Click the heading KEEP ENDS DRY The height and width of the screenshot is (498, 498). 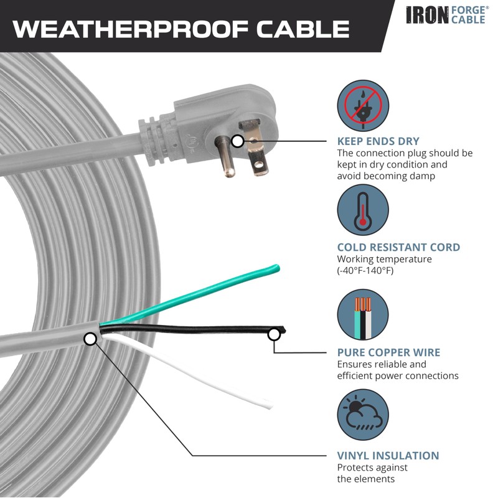[378, 141]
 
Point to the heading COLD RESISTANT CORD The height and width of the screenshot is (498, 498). [398, 247]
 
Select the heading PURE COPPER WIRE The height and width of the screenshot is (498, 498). [388, 352]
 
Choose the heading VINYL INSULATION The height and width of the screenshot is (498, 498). [388, 456]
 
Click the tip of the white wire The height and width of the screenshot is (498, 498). [268, 405]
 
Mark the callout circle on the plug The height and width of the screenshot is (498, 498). [237, 141]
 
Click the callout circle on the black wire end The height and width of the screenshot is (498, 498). [273, 336]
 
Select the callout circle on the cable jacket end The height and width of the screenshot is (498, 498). [90, 339]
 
